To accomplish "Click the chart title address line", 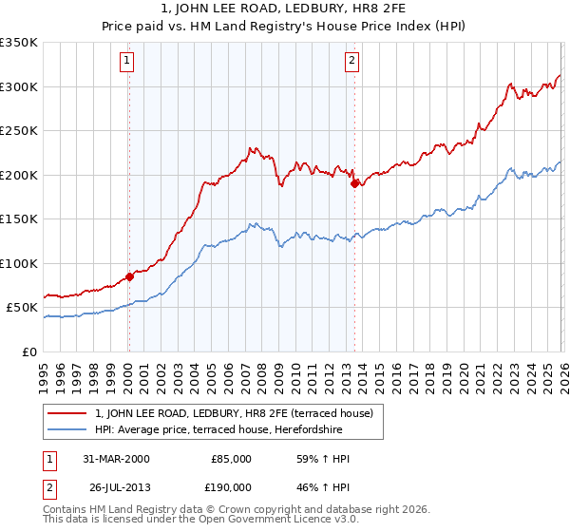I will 284,9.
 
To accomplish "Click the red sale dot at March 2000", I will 130,277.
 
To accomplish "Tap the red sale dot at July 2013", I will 354,184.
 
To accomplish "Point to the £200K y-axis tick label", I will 19,175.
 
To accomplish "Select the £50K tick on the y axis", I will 22,308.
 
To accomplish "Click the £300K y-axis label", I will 19,86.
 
